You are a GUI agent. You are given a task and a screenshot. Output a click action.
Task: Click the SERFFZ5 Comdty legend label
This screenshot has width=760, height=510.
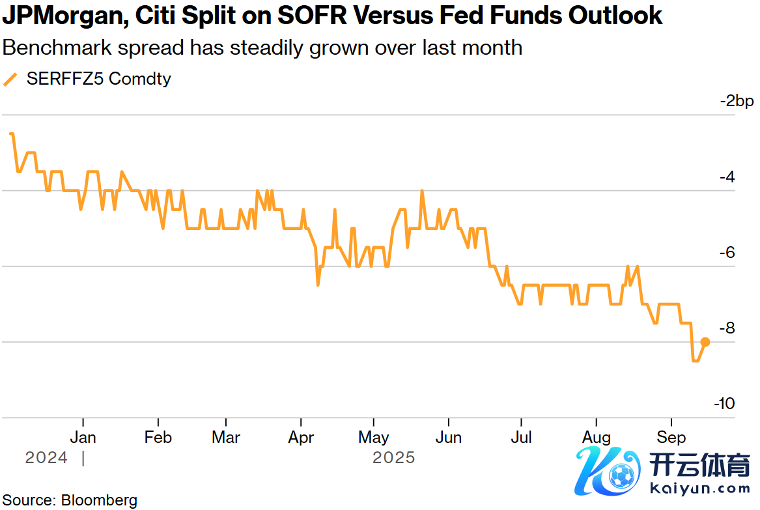(x=98, y=79)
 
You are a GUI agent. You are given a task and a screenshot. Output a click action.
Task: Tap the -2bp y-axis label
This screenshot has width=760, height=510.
(x=736, y=101)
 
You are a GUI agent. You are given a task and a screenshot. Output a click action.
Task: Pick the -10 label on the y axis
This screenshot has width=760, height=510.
(x=724, y=404)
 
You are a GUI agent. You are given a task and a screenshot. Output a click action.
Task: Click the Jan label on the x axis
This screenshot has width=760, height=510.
(x=83, y=436)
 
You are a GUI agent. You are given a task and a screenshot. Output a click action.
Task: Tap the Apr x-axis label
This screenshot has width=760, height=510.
(x=301, y=436)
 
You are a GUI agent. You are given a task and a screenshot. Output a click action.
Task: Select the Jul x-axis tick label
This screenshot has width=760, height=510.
(x=521, y=436)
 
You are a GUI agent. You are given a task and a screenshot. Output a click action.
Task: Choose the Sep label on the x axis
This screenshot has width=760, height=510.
(x=671, y=436)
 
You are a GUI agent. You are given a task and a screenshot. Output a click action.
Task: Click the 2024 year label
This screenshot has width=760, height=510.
(x=46, y=458)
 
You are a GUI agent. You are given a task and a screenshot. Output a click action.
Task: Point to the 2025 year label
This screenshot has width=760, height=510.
(x=393, y=458)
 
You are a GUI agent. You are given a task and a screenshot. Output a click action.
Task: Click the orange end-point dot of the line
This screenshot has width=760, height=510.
(x=705, y=342)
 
